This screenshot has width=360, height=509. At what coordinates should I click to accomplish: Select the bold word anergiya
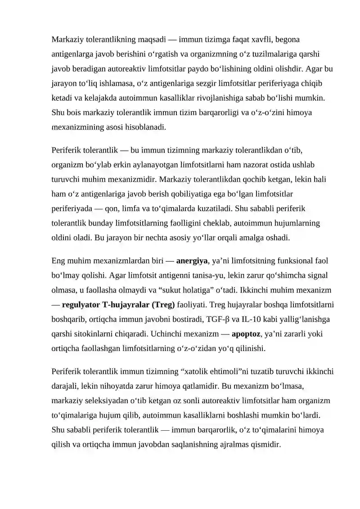click(x=192, y=261)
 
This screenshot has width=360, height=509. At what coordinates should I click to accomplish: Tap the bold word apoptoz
click(x=246, y=334)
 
